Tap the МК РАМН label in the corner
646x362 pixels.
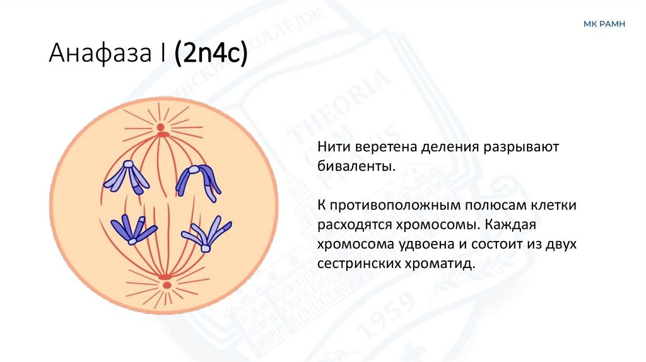tap(604, 24)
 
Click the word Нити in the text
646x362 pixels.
tap(331, 146)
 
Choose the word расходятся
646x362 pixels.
tap(355, 225)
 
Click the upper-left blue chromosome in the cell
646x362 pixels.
tap(127, 177)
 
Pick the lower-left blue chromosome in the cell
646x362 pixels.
tap(132, 229)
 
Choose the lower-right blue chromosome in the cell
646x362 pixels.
tap(206, 233)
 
